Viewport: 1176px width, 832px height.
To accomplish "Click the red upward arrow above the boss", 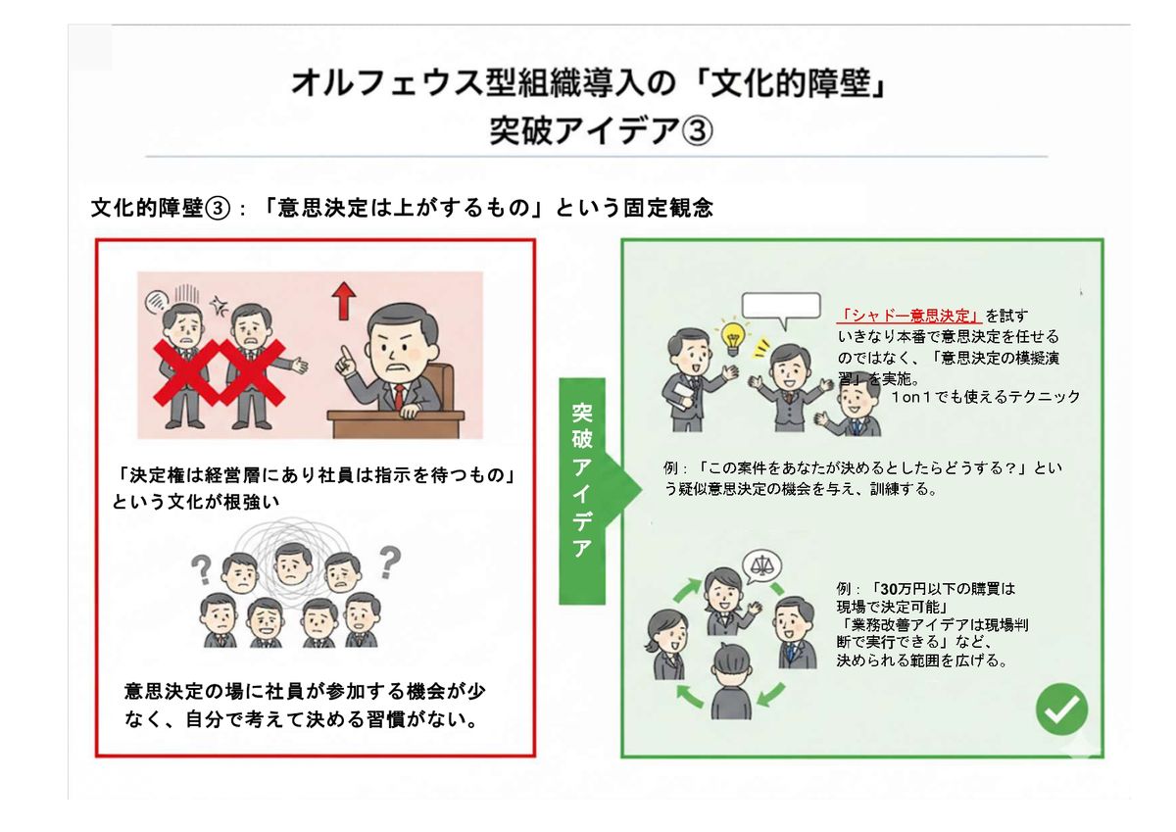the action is pyautogui.click(x=344, y=301).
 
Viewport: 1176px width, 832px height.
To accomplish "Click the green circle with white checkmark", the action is pyautogui.click(x=1062, y=709).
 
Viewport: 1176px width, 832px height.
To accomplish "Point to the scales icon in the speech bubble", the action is pyautogui.click(x=761, y=564).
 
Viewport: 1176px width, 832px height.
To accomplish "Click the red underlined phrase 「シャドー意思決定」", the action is pyautogui.click(x=908, y=316).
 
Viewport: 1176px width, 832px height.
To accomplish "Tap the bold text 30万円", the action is pyautogui.click(x=899, y=589).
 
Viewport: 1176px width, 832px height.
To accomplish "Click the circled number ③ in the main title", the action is pyautogui.click(x=696, y=130).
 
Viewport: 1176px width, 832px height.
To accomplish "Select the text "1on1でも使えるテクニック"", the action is pyautogui.click(x=986, y=397).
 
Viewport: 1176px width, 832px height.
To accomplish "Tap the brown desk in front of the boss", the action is pyautogui.click(x=395, y=423).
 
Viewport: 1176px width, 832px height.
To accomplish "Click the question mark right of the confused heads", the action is pyautogui.click(x=390, y=563).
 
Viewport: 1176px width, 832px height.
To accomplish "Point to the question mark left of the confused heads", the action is pyautogui.click(x=201, y=569).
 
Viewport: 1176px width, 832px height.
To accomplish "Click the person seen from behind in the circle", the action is pyautogui.click(x=731, y=682).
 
